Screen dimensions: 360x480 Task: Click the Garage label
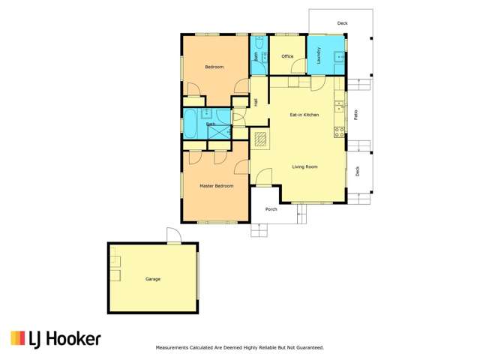coord(153,279)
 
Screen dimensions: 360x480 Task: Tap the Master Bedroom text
coord(216,185)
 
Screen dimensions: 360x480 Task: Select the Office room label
coord(287,56)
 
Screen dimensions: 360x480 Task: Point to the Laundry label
coord(319,56)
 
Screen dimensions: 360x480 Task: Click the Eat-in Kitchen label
coord(304,115)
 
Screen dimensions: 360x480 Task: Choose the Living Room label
coord(304,166)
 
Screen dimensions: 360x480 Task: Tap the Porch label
coord(271,209)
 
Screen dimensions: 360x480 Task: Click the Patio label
coord(355,115)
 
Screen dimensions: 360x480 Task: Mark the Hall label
coord(256,102)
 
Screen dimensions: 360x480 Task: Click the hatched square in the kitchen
coord(261,139)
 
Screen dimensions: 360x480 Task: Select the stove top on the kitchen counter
coord(339,131)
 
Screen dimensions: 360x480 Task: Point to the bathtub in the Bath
coord(193,124)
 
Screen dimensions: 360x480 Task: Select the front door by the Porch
coord(264,178)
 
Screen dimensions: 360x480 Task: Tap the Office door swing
coord(294,82)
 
